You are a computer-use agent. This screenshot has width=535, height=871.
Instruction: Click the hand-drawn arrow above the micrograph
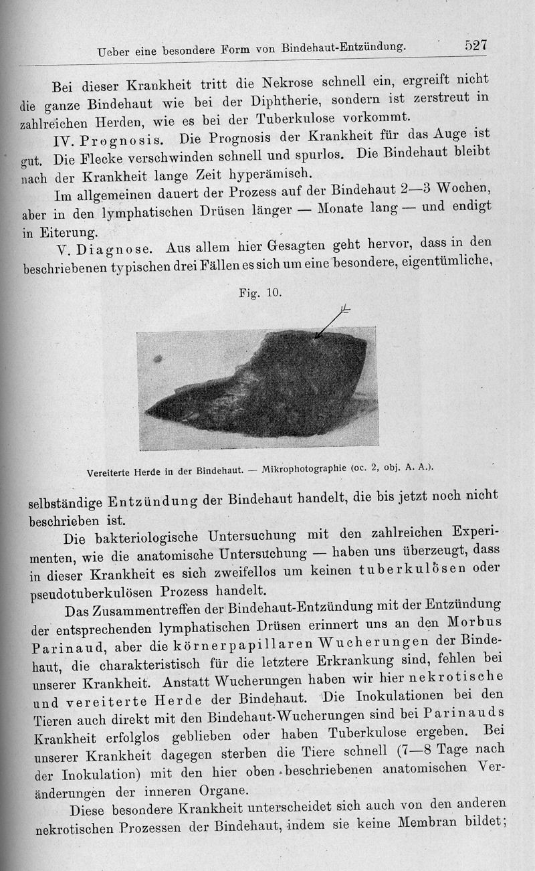click(x=330, y=322)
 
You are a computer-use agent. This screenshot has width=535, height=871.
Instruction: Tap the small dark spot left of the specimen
click(x=158, y=359)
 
